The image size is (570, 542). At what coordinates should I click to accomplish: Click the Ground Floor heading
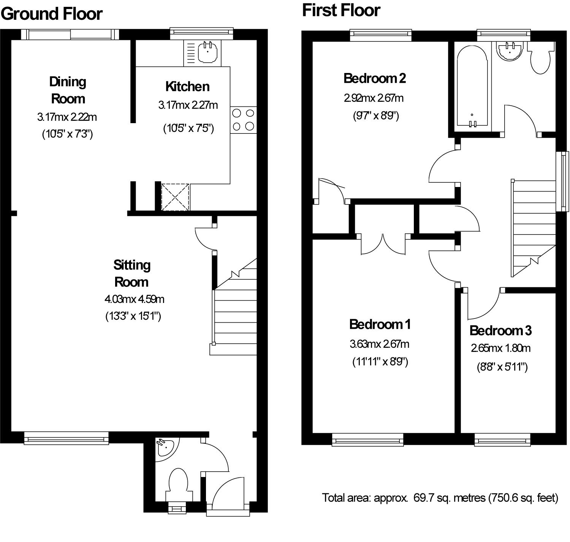pos(52,14)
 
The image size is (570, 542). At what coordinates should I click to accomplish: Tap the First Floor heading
pos(341,10)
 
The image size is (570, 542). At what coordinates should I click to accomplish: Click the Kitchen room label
pos(187,86)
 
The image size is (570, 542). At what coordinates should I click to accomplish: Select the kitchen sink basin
pos(207,52)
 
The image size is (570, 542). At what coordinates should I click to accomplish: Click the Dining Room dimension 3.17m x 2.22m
pos(67,117)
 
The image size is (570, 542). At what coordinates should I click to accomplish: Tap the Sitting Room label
pos(131,273)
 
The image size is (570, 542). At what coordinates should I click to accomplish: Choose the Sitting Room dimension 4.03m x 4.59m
pos(134,299)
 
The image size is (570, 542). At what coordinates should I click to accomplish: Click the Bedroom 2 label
pos(374,78)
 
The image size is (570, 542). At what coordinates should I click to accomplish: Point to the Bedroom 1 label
pos(380,324)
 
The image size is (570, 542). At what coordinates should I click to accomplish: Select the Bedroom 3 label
pos(500,331)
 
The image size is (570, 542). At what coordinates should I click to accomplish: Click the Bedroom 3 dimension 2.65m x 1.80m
pos(500,348)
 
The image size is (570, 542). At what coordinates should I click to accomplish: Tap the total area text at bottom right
pos(440,498)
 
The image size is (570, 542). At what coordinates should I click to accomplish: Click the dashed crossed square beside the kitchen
pos(175,197)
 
